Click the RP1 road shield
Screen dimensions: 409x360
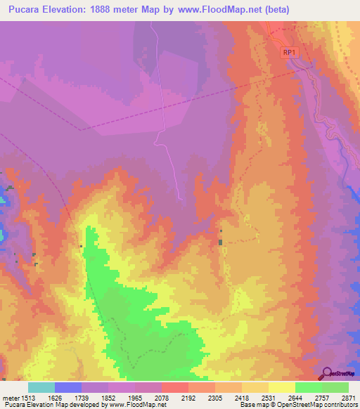(289, 53)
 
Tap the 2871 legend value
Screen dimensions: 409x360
(349, 398)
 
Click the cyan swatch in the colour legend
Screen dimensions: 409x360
(41, 387)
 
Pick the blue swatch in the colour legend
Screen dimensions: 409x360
(68, 387)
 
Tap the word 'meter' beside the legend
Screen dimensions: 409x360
(11, 398)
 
